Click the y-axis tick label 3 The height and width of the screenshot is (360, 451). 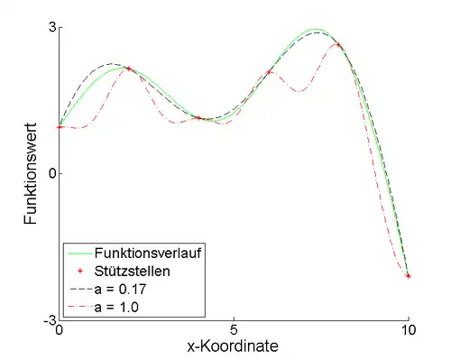point(51,27)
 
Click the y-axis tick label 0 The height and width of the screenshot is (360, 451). point(51,173)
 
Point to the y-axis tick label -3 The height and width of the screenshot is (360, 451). point(49,319)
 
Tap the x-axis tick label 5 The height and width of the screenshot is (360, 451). point(234,331)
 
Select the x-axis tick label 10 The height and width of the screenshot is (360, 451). point(408,331)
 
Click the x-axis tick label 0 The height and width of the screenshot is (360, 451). point(60,331)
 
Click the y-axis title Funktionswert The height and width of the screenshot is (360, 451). point(31,175)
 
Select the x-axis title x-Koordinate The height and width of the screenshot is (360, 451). point(234,346)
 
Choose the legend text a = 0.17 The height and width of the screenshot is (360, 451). point(124,289)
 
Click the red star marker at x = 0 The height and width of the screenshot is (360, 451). point(60,127)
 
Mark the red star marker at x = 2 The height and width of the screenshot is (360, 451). point(129,69)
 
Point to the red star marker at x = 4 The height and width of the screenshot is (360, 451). point(198,117)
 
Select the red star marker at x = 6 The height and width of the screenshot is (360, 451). point(269,72)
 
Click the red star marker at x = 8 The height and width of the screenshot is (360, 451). point(338,45)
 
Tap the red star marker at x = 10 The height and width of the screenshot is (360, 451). point(408,276)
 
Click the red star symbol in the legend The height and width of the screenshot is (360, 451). point(80,271)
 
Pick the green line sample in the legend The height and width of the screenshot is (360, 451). point(80,253)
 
